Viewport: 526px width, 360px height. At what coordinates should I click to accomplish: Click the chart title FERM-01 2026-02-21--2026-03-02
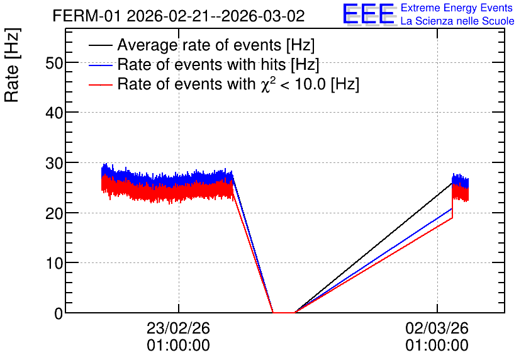point(179,16)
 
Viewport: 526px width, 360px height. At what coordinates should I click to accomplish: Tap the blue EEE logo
point(369,14)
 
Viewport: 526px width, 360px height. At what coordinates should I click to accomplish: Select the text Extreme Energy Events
point(457,8)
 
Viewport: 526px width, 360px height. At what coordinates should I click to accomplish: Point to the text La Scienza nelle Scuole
point(457,21)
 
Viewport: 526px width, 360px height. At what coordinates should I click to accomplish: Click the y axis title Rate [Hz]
point(12,65)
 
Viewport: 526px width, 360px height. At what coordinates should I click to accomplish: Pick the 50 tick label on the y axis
point(54,63)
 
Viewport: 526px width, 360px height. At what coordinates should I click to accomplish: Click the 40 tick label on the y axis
point(54,113)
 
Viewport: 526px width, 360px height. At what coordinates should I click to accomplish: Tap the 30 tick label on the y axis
point(54,163)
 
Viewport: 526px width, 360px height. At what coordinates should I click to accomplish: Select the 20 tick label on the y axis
point(54,213)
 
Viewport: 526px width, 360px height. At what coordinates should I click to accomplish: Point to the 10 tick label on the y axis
point(54,263)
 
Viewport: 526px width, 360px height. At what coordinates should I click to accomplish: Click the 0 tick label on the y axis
point(59,313)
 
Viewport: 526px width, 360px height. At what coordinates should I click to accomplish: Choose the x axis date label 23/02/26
point(178,328)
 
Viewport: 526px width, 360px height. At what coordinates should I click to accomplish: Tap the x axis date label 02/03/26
point(437,328)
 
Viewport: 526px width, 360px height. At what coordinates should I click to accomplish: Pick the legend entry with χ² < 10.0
point(238,84)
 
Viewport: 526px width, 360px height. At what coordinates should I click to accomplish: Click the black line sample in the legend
point(100,45)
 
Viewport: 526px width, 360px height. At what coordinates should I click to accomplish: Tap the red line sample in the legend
point(100,85)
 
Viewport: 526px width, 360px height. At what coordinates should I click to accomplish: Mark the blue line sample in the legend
point(100,65)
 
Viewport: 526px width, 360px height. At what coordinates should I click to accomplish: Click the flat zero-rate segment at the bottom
point(284,312)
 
